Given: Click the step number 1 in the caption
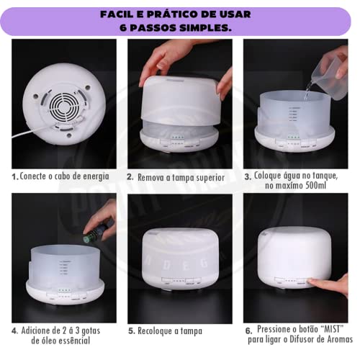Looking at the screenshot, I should pos(14,176).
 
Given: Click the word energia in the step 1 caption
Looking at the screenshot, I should pos(94,176).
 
